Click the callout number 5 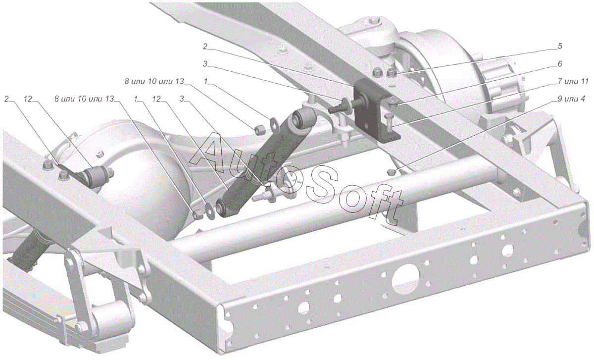560,46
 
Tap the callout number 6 560,64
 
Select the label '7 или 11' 573,81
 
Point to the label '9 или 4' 571,99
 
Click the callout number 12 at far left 28,99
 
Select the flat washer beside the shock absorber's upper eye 274,123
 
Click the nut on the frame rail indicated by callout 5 392,72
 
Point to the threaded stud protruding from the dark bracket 345,105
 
